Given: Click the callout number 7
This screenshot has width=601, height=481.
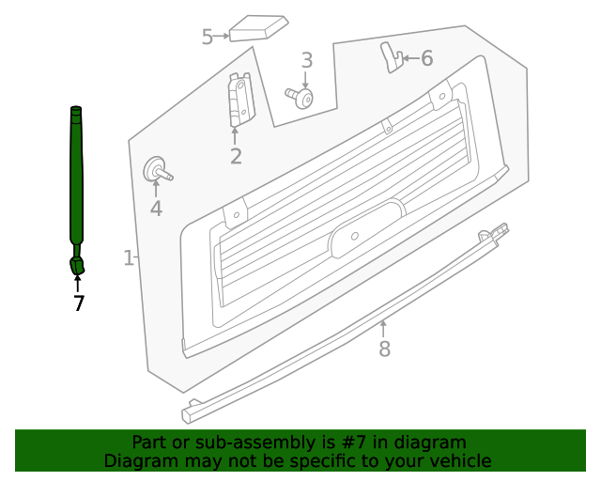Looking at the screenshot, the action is pos(78,303).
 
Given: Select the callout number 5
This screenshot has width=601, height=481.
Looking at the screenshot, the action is pos(208,37).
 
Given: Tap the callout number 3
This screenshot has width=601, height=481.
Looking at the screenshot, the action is pos(307,60).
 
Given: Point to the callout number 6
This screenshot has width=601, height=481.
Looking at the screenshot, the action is pos(427,58).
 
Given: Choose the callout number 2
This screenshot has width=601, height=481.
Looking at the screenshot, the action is pos(236,157).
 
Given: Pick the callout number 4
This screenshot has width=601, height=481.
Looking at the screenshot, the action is pos(156,209).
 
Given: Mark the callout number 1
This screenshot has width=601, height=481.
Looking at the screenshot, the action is pos(129,257).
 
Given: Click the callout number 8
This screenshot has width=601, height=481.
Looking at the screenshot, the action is pos(384,349).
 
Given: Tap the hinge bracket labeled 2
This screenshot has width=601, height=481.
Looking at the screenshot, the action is pos(241,100).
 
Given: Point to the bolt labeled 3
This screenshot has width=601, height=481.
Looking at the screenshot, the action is pos(300,97).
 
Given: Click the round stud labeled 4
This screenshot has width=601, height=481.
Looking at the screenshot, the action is pos(158,170).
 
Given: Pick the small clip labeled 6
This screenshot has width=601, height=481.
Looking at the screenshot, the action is pos(392,57).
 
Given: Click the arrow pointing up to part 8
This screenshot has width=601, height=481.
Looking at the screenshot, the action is pos(383,330).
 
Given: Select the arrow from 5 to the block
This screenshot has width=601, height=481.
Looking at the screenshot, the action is pos(222,36).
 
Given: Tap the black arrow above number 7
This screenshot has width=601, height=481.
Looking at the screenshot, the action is pos(77,283).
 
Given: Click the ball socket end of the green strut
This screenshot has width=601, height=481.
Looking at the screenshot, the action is pos(77,266).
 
